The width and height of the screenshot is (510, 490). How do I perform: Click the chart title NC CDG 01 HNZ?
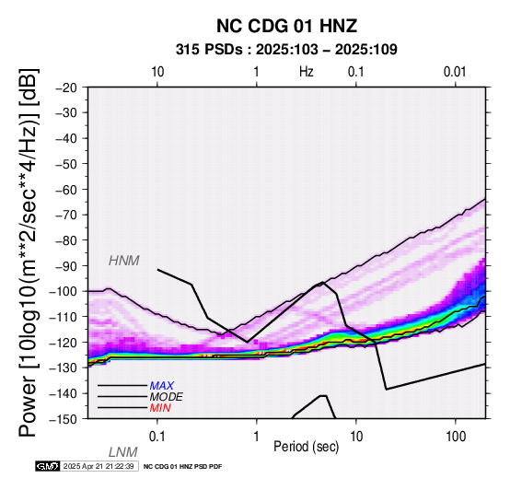[x=286, y=26]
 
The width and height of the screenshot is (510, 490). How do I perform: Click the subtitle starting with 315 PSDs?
[x=286, y=50]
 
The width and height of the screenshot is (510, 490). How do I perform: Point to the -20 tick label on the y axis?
[x=66, y=87]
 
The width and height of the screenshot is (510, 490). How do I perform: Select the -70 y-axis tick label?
[x=66, y=216]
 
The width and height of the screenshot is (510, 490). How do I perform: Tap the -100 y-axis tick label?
[x=64, y=291]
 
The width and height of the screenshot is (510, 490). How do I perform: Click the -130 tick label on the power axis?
[x=64, y=367]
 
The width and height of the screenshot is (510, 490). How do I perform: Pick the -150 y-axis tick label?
[x=64, y=419]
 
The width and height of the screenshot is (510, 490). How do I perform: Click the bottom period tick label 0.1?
[x=157, y=437]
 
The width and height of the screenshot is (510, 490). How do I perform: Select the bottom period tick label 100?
[x=456, y=437]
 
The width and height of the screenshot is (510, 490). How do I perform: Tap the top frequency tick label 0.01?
[x=455, y=72]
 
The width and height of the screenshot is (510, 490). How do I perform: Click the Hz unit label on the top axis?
[x=307, y=72]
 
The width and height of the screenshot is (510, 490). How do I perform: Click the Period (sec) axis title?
[x=306, y=447]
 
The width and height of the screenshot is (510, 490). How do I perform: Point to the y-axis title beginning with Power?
[x=29, y=252]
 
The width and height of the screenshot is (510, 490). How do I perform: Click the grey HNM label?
[x=124, y=261]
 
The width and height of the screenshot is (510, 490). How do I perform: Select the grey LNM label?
[x=123, y=452]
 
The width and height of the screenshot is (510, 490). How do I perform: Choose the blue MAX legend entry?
[x=162, y=386]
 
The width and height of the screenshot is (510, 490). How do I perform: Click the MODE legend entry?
[x=167, y=397]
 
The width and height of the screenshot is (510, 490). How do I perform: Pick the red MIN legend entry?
[x=160, y=408]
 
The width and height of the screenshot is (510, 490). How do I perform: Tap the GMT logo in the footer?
[x=48, y=466]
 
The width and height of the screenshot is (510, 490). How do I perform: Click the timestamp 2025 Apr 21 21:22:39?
[x=99, y=466]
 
